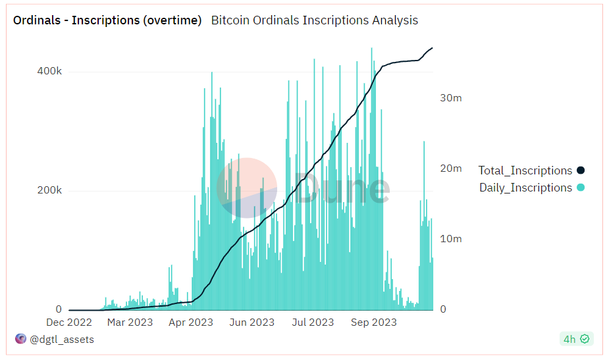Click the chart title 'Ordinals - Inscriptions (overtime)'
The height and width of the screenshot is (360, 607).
(107, 20)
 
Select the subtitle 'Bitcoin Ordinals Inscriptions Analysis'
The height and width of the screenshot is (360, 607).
(314, 20)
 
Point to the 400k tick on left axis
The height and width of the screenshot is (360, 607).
(49, 71)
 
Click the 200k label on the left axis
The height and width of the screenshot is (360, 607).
(49, 190)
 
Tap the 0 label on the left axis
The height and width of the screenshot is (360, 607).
(59, 309)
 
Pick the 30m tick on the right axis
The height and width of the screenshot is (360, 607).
(451, 98)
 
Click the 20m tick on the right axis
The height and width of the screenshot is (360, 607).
(451, 168)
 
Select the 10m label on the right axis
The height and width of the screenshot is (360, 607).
(451, 239)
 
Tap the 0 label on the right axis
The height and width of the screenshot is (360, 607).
(442, 309)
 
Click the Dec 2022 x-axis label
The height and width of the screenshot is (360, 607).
(69, 322)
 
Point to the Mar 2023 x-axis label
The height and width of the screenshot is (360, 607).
(130, 322)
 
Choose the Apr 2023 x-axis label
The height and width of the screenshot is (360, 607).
(191, 322)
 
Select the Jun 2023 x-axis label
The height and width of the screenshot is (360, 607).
(251, 322)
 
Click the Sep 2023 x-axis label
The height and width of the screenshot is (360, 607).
(374, 322)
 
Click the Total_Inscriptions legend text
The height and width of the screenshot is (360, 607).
(525, 170)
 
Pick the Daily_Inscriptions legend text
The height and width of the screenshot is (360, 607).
(525, 188)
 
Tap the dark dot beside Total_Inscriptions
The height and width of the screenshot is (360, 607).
(581, 170)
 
